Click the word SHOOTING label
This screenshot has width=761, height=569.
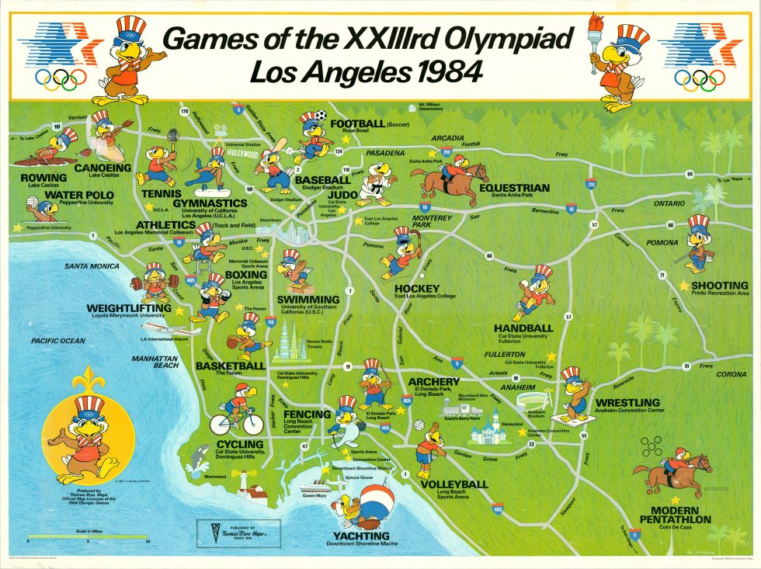coord(724,285)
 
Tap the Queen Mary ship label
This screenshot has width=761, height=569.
coord(314,495)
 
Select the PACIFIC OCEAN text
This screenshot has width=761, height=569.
coord(58,341)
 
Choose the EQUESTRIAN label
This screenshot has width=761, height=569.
coord(514,188)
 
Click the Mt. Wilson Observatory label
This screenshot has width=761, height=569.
coord(430,106)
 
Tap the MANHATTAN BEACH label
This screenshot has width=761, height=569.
coord(155,362)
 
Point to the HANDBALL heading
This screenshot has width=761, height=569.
coord(523,328)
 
